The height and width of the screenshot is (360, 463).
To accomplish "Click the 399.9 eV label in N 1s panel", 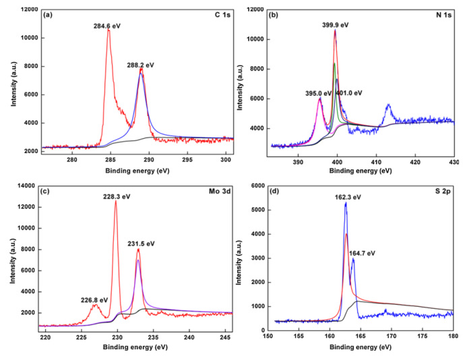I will click(x=335, y=25).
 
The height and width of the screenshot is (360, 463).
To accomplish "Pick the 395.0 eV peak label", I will click(x=318, y=93).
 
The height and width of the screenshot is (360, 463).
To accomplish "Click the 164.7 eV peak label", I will click(x=362, y=253).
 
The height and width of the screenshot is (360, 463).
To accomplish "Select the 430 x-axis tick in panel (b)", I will click(x=453, y=160).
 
